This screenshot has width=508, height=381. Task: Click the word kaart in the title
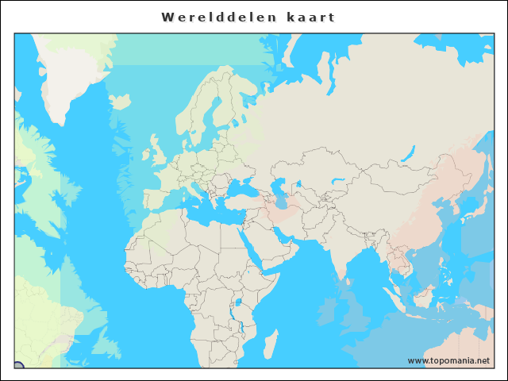pos(311,17)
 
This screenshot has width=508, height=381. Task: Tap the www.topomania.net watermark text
pos(448,361)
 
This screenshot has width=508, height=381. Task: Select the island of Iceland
pos(121,102)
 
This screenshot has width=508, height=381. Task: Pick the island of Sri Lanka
pos(347,281)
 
